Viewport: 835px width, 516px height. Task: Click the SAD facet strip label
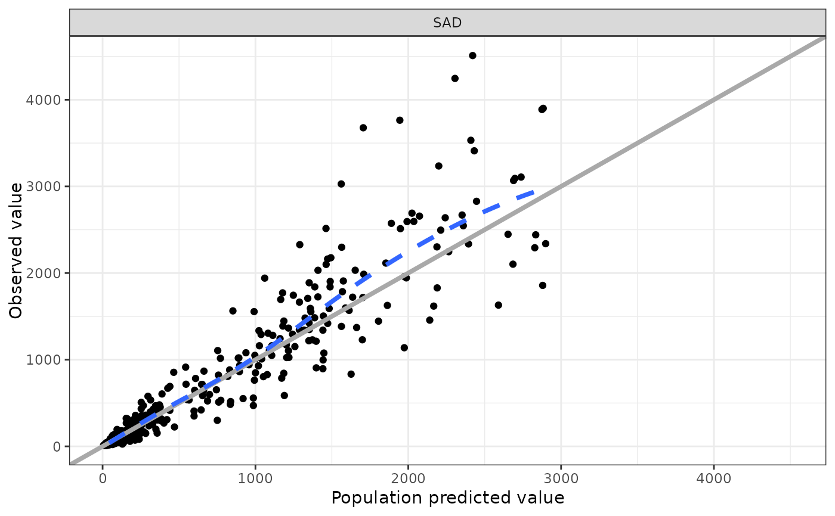tap(447, 23)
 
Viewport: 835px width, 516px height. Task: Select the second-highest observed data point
tap(454, 78)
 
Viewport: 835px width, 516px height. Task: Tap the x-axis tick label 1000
tap(255, 478)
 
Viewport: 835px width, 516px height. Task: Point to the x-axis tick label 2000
tap(408, 478)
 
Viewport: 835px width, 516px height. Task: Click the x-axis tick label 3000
tap(561, 478)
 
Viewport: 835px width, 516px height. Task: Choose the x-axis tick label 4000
tap(714, 478)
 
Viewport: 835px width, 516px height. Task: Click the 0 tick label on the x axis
tap(103, 478)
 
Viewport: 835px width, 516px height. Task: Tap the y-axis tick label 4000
tap(44, 100)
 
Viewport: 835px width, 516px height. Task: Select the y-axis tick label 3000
tap(44, 186)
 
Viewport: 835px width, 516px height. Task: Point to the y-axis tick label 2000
tap(44, 273)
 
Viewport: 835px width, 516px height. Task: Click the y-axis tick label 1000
tap(44, 360)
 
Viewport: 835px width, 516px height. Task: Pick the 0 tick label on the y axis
tap(56, 446)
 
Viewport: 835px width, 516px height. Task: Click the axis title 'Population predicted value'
tap(447, 498)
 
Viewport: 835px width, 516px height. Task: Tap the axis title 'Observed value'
tap(16, 250)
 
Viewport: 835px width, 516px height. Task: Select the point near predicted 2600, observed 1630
tap(498, 305)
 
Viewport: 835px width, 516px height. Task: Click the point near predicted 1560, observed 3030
tap(341, 184)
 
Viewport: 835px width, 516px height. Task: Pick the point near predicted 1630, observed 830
tap(351, 374)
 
